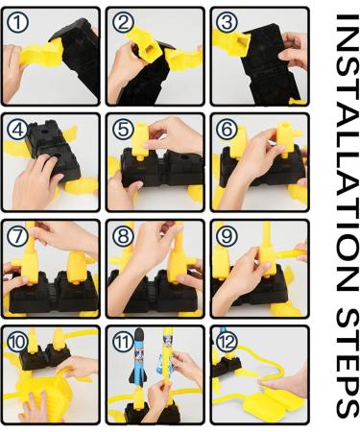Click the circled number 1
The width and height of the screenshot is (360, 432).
[x=17, y=23]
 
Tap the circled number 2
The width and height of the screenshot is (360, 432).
[x=123, y=23]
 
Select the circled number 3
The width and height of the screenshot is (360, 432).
[x=227, y=23]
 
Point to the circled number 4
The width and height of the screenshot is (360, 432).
[x=17, y=130]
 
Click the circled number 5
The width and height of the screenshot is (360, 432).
[x=123, y=130]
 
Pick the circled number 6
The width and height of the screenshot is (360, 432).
[x=227, y=130]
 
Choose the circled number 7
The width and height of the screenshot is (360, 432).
[x=17, y=236]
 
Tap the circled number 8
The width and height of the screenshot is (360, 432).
[x=123, y=236]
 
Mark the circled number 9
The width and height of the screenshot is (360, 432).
[x=227, y=236]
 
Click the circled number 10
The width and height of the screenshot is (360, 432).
[x=17, y=342]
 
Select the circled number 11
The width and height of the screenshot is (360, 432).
[x=123, y=342]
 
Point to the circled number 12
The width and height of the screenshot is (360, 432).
[x=227, y=342]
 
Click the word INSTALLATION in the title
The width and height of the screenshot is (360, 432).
[x=348, y=153]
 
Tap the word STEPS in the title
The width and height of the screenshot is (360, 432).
[x=348, y=363]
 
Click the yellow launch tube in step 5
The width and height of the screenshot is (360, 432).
[x=140, y=141]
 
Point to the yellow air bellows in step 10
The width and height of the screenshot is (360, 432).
[x=40, y=398]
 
